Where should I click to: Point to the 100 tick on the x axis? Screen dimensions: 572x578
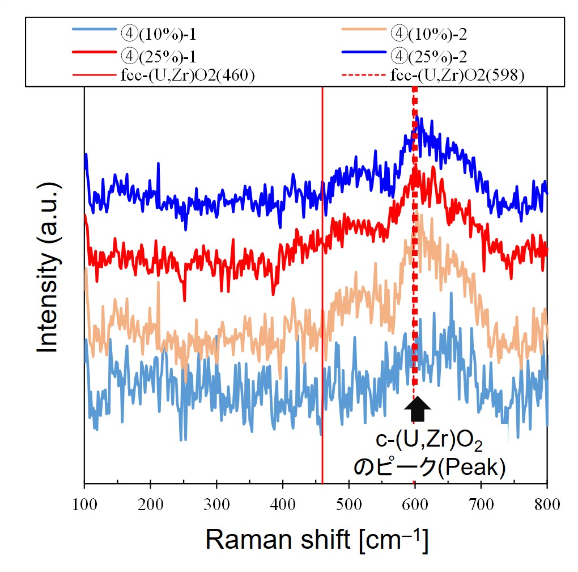[x=84, y=502]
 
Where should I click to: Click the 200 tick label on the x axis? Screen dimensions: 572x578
[x=150, y=502]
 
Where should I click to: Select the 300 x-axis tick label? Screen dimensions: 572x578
[x=216, y=502]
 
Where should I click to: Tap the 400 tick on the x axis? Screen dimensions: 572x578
[x=283, y=502]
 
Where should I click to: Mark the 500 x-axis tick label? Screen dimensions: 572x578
[x=349, y=502]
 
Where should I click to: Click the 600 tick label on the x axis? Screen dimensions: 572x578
[x=415, y=502]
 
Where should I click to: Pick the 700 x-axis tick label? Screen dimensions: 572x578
[x=481, y=502]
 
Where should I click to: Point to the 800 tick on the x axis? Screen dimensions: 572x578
[x=547, y=502]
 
